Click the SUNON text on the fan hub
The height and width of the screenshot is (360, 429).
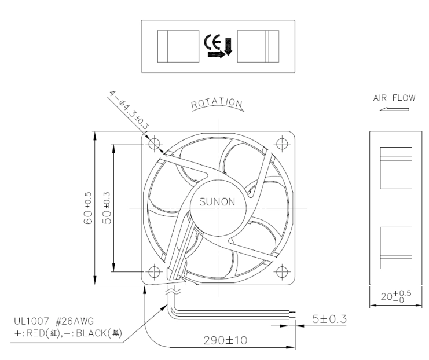point(217,202)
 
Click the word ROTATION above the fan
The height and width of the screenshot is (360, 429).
point(217,104)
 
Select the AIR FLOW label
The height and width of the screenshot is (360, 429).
point(394,98)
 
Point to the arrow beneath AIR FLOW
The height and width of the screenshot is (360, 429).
point(394,109)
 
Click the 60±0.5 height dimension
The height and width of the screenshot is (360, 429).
point(88,208)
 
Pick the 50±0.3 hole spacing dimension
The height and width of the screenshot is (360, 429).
point(107,208)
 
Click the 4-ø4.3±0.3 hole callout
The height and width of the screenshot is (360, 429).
point(129,110)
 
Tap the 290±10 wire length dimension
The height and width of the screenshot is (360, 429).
point(225,340)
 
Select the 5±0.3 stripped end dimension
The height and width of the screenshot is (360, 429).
point(329,319)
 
